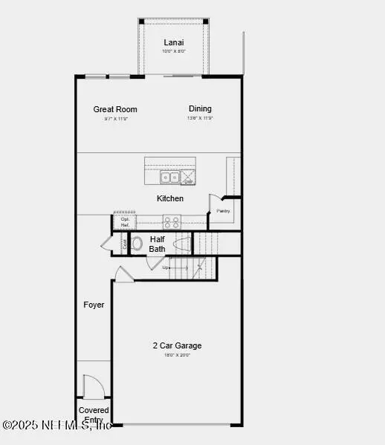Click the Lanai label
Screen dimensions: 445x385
coord(174,42)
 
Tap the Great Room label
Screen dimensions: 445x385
coord(115,109)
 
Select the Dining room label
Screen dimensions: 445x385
coord(200,108)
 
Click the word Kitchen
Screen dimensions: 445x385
coord(169,198)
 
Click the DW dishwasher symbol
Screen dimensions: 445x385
coord(189,178)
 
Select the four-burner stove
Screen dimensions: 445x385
coord(172,221)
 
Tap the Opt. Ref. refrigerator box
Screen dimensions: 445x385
coord(125,222)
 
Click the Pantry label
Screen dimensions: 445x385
coord(224,211)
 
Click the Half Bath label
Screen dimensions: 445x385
coord(158,244)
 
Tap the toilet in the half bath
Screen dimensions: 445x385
coord(137,242)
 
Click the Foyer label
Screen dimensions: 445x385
coord(94,305)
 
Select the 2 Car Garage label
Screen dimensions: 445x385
coord(177,345)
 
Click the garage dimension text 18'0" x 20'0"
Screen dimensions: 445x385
coord(177,355)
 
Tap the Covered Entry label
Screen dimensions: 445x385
coord(94,415)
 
